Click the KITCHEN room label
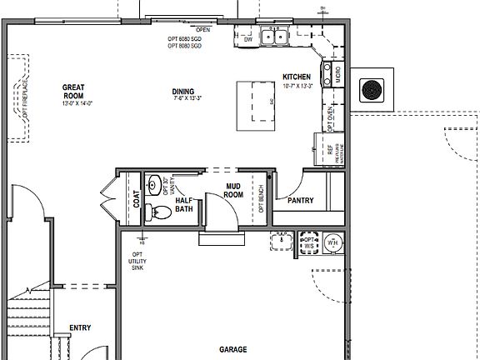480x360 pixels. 296,77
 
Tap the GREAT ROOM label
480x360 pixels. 74,91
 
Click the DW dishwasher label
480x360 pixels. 247,37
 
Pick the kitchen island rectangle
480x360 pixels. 256,105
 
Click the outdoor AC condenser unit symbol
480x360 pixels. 369,87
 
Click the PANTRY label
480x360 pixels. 300,201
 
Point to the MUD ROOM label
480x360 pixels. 234,191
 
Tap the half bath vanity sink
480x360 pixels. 155,184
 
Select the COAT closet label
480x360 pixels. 136,200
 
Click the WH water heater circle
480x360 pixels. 333,243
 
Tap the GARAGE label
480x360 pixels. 234,350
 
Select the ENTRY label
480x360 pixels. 80,327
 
